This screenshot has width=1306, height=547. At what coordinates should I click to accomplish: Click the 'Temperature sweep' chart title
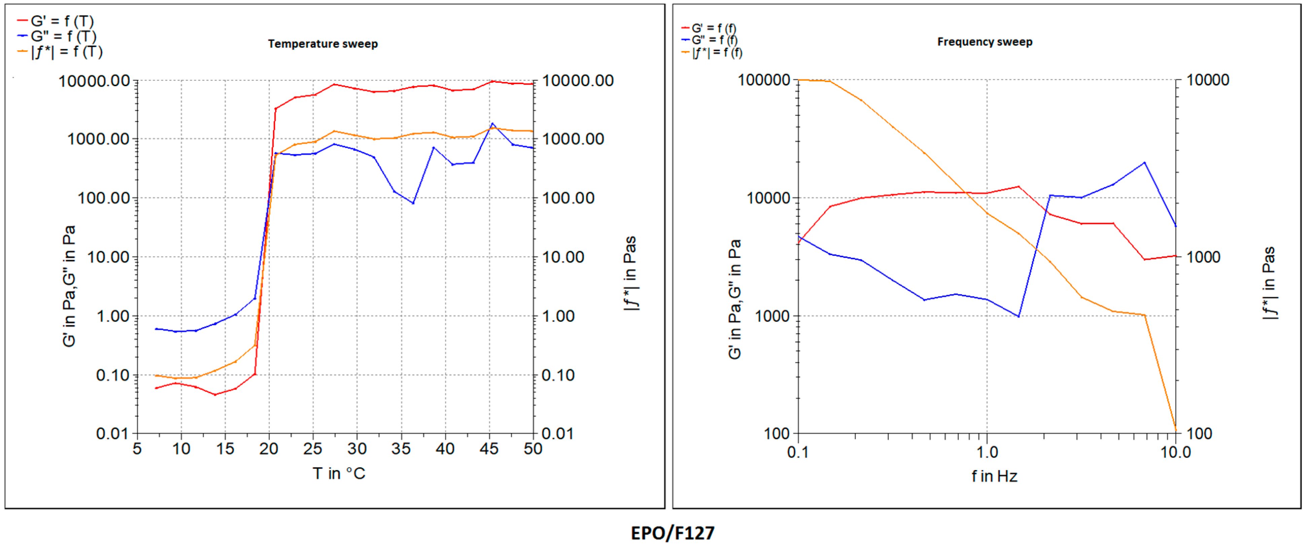[x=323, y=44]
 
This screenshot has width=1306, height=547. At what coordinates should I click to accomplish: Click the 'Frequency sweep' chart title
[x=985, y=42]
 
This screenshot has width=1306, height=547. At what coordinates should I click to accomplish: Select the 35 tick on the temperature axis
[x=401, y=449]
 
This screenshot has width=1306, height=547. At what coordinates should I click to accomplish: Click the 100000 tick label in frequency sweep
[x=764, y=80]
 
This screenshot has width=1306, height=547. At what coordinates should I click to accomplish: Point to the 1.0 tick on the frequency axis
[x=987, y=452]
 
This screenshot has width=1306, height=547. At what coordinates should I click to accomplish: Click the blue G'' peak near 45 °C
[x=492, y=124]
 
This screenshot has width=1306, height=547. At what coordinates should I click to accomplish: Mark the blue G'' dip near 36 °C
[x=413, y=203]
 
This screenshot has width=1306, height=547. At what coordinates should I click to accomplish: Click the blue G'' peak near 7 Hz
[x=1144, y=163]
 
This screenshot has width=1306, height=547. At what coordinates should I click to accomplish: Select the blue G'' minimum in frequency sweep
[x=1018, y=317]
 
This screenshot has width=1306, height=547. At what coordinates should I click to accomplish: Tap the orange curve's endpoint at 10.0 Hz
[x=1175, y=431]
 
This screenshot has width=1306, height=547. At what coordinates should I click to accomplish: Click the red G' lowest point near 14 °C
[x=215, y=395]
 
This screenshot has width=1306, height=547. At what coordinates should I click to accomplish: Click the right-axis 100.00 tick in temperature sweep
[x=568, y=198]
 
